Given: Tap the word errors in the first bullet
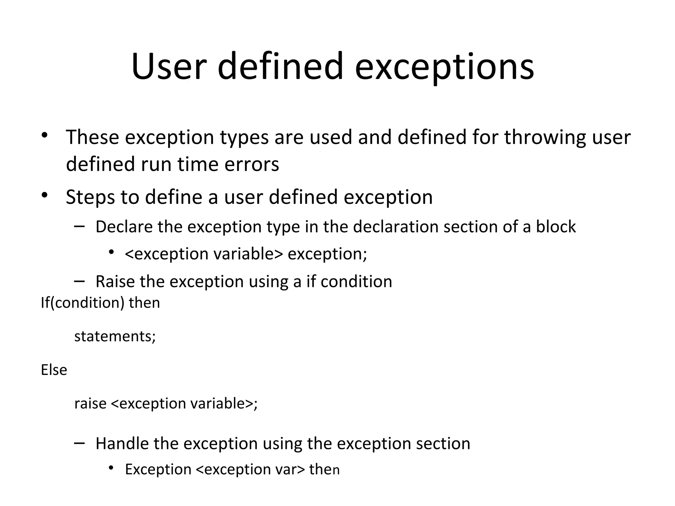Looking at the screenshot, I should click(x=251, y=164).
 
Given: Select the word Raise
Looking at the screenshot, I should click(x=114, y=282).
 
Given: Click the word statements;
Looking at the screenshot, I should click(x=115, y=336).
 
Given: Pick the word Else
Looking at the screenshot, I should click(x=54, y=370).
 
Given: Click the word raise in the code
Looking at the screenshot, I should click(x=90, y=404).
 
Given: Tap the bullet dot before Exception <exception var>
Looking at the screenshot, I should click(x=111, y=468).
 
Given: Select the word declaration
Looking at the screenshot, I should click(x=395, y=227).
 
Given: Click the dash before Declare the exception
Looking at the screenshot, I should click(x=79, y=226).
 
